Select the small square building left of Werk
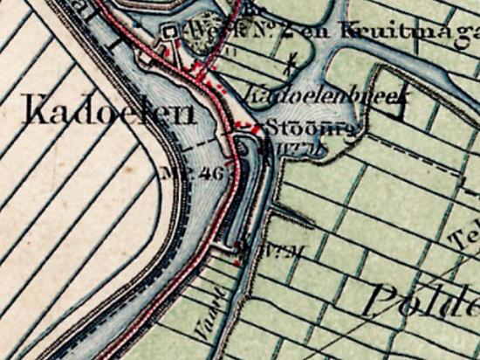(170, 31)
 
